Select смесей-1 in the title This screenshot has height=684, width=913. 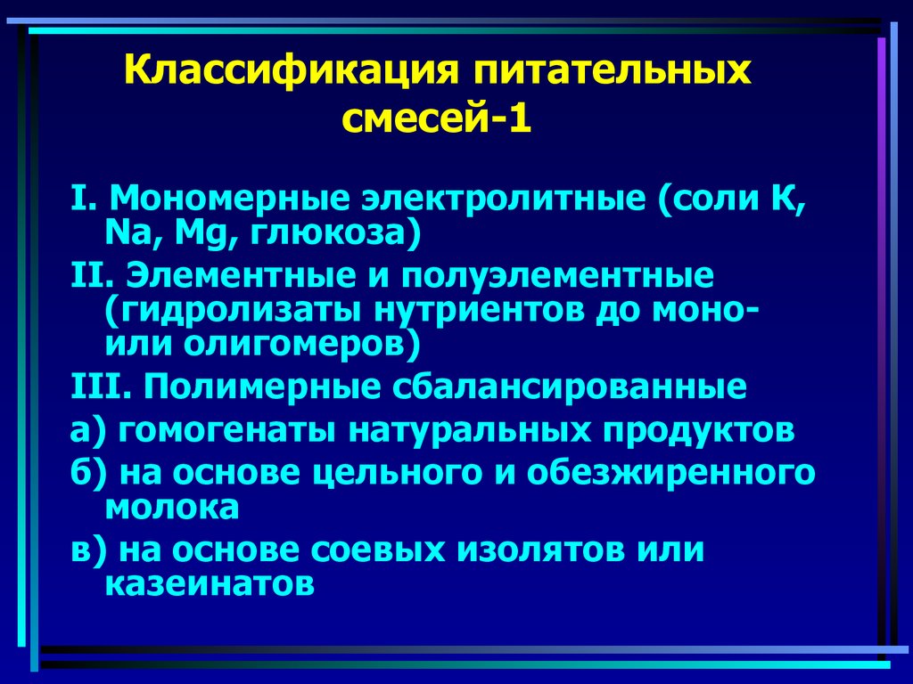tap(437, 117)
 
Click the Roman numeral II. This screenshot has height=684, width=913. tap(88, 276)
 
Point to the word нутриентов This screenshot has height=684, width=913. tap(434, 312)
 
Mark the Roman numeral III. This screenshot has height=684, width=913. tap(95, 388)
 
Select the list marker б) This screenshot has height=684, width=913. tap(86, 472)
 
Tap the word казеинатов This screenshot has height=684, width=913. tap(210, 585)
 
